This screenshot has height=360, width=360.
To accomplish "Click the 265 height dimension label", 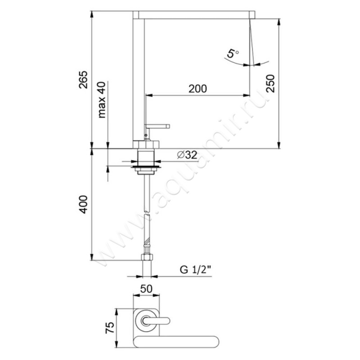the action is (83, 80).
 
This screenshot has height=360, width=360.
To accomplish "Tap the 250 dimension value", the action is (270, 83).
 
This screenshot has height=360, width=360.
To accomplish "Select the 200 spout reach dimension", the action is (198, 89).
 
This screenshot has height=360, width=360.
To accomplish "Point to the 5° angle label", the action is (232, 54).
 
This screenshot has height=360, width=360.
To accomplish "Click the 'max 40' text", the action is (102, 100).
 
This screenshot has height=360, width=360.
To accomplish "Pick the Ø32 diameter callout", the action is (187, 155).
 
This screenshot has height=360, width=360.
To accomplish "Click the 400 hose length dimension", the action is (83, 205).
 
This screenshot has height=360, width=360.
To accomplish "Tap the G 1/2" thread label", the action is (195, 270).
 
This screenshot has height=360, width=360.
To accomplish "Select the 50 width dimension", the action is (146, 289).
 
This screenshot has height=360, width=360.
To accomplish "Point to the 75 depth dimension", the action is (109, 328).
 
